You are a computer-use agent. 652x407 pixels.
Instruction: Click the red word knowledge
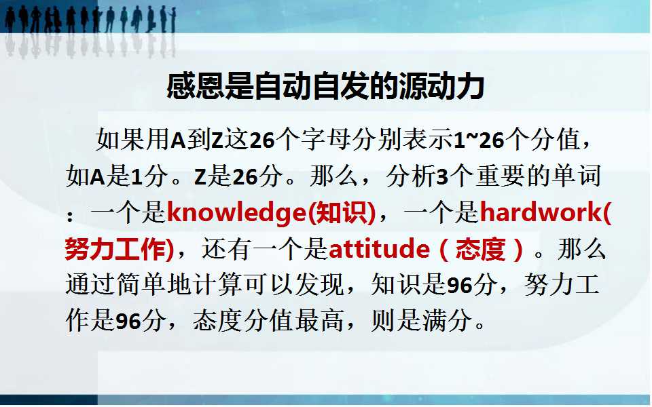tap(236, 213)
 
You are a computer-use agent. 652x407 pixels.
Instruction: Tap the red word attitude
tap(379, 249)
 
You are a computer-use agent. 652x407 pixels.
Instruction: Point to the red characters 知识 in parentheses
tap(342, 212)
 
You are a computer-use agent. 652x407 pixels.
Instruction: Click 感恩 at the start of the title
tap(196, 86)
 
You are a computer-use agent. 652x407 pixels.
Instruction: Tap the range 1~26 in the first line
tap(479, 140)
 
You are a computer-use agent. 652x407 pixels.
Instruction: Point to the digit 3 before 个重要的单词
tap(442, 177)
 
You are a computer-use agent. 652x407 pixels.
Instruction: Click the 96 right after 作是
tap(128, 321)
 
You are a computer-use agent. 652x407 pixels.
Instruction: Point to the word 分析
tap(411, 176)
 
